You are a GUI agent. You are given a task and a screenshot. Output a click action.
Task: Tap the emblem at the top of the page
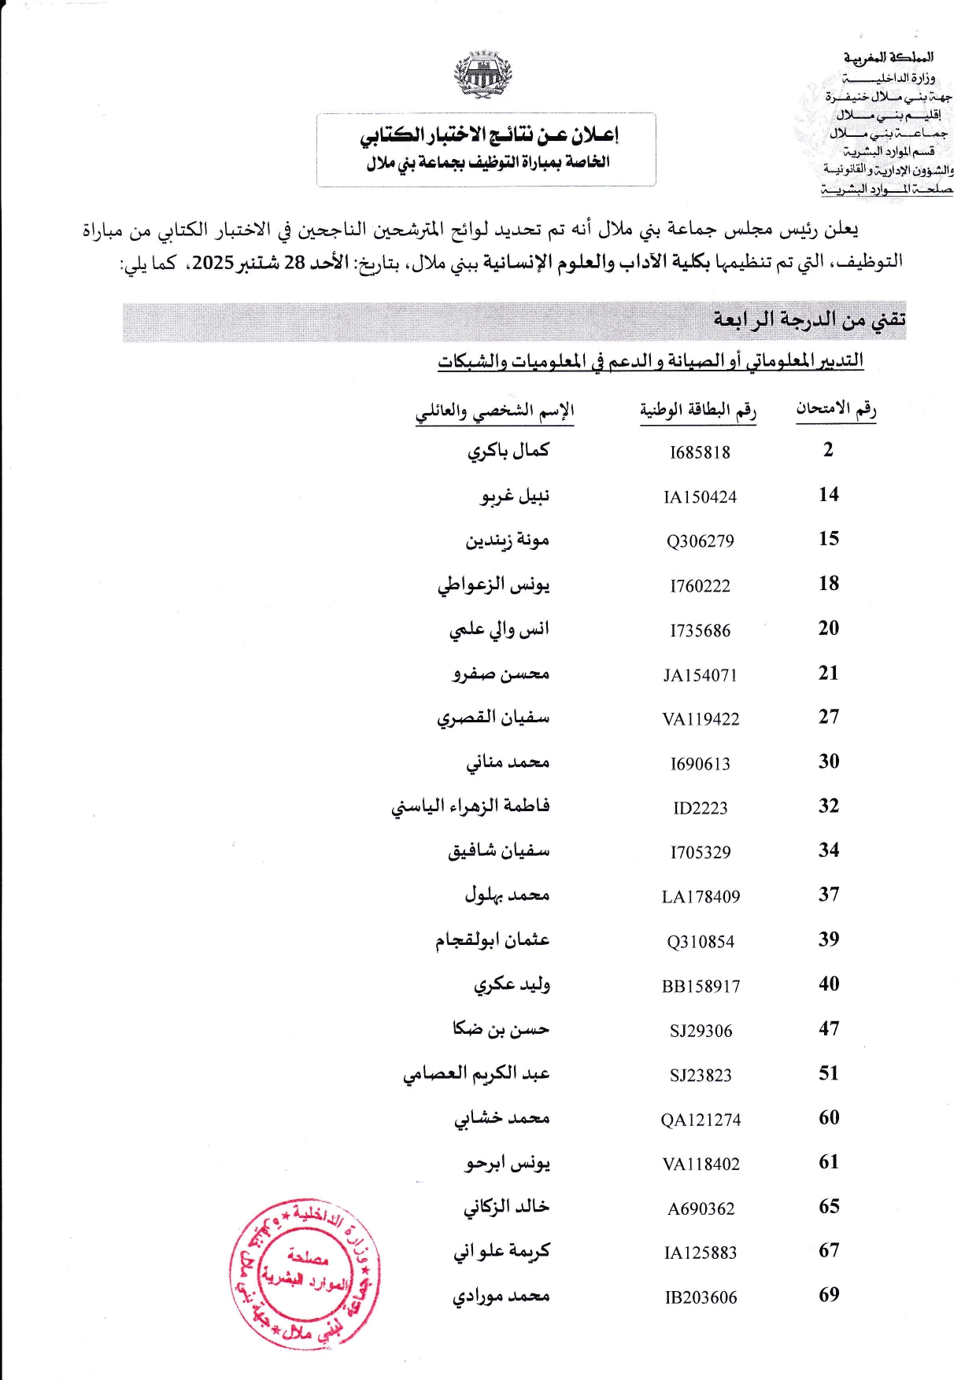(483, 76)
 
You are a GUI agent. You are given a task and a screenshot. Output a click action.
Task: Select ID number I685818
(700, 452)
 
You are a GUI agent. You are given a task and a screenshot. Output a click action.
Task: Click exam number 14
(828, 495)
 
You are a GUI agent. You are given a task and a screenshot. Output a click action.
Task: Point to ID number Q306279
(700, 541)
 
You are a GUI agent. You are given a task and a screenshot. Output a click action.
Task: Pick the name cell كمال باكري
(508, 451)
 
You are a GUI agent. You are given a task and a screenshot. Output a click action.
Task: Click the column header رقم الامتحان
(835, 409)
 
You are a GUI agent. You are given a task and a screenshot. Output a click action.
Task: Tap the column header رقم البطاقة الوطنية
(697, 411)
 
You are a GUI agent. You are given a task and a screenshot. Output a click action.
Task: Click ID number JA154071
(700, 675)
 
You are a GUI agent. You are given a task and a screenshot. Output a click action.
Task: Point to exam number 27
(828, 717)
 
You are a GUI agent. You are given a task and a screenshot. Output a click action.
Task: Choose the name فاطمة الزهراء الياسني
(470, 806)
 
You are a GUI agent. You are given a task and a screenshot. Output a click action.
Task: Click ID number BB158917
(701, 987)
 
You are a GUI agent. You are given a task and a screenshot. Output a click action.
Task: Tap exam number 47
(828, 1028)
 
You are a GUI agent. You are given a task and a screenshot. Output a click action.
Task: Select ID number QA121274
(701, 1120)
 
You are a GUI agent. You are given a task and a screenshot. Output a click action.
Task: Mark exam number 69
(828, 1295)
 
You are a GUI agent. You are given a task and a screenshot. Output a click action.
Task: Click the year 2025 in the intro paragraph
(213, 263)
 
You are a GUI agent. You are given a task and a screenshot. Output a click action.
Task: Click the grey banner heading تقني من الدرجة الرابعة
(809, 320)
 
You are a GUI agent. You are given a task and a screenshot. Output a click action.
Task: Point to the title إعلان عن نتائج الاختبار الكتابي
(489, 135)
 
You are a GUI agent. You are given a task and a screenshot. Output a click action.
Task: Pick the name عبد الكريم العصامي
(476, 1074)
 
